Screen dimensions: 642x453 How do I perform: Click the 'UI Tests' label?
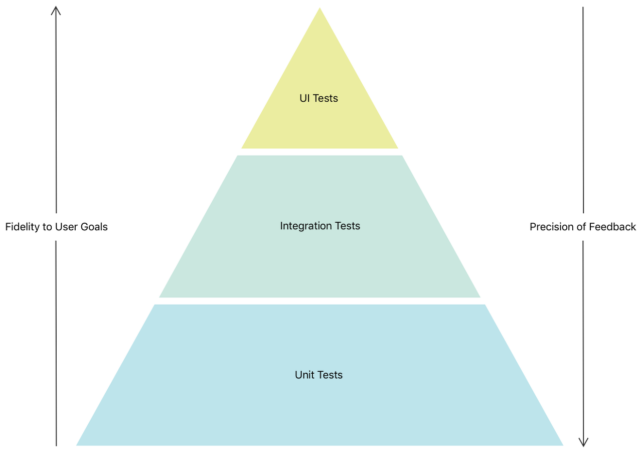click(319, 98)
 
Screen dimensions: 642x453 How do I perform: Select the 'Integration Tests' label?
click(320, 226)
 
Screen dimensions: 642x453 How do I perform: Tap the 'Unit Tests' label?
click(319, 375)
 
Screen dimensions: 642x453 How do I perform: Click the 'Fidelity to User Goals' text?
click(56, 227)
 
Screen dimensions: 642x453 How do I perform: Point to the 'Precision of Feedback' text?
click(583, 227)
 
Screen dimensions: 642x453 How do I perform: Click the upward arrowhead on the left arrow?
click(56, 10)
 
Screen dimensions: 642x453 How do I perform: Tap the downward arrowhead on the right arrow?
click(583, 442)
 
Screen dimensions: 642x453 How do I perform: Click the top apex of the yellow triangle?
click(319, 9)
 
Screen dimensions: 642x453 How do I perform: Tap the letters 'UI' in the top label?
click(304, 98)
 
